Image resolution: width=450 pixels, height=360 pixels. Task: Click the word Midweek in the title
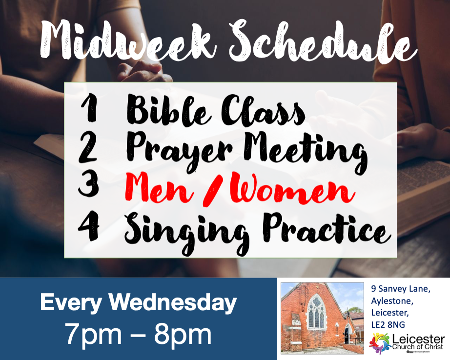click(128, 41)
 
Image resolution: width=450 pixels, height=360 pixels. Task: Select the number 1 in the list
click(89, 109)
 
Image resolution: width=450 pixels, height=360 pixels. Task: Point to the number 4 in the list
click(89, 227)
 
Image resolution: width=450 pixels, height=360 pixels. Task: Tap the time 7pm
click(93, 335)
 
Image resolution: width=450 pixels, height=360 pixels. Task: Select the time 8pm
click(183, 335)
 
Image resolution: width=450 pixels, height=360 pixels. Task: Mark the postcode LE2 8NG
click(388, 325)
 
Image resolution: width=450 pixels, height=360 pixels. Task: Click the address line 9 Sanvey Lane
click(401, 289)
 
